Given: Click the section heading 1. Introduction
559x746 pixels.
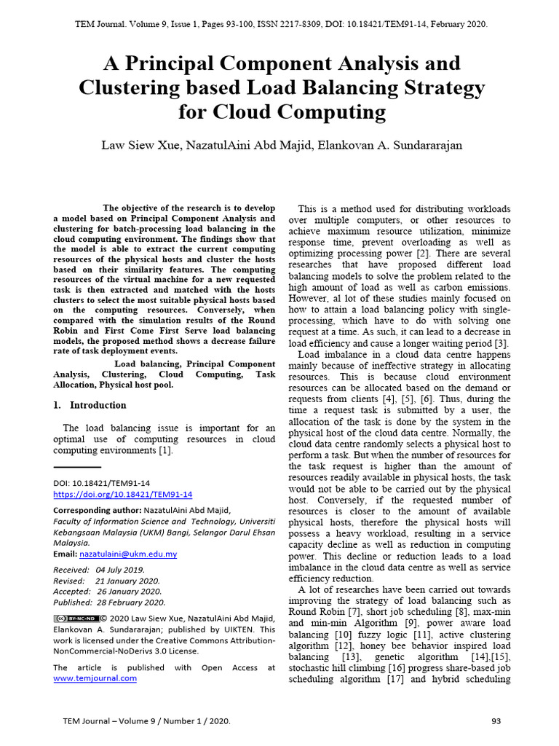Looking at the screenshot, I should (x=90, y=405).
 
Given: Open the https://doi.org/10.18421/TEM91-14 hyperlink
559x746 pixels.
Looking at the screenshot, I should (x=123, y=494).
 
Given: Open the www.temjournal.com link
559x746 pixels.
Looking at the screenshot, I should (x=95, y=678).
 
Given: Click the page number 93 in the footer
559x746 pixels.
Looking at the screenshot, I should (x=496, y=721).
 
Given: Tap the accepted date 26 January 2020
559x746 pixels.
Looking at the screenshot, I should (x=130, y=592).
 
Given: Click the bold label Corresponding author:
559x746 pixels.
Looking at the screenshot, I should (x=97, y=511).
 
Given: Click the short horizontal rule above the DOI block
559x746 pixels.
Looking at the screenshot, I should (x=77, y=467).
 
